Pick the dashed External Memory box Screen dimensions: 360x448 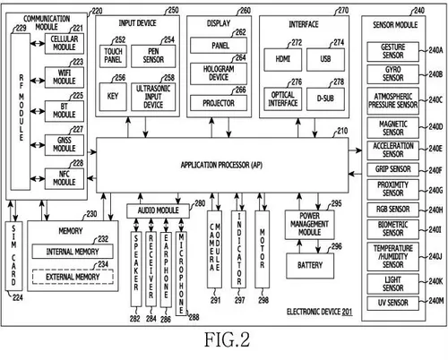(x=66, y=278)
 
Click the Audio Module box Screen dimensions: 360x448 (x=159, y=210)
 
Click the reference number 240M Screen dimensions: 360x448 (x=435, y=302)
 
